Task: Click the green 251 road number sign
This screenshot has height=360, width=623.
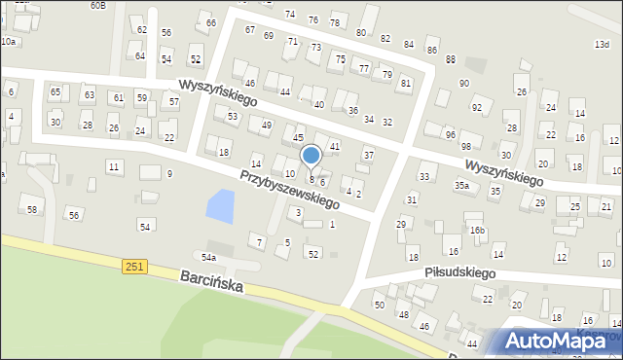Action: (135, 266)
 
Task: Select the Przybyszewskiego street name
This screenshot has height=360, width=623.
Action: (289, 189)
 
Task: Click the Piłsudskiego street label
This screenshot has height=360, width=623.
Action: (460, 273)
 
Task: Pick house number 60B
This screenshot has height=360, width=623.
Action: (97, 5)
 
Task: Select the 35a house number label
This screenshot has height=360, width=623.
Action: (461, 185)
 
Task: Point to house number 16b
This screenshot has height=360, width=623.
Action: (476, 231)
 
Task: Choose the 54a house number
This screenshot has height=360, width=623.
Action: (208, 257)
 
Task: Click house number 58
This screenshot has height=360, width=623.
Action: (32, 210)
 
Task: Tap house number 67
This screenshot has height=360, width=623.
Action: (250, 30)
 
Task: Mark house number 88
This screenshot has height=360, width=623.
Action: (450, 59)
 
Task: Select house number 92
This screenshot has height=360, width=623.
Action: (476, 108)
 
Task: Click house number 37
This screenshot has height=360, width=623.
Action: (368, 156)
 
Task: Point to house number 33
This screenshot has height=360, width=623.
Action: (423, 176)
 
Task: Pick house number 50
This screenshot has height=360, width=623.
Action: (380, 306)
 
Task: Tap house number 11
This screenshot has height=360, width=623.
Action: (114, 167)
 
